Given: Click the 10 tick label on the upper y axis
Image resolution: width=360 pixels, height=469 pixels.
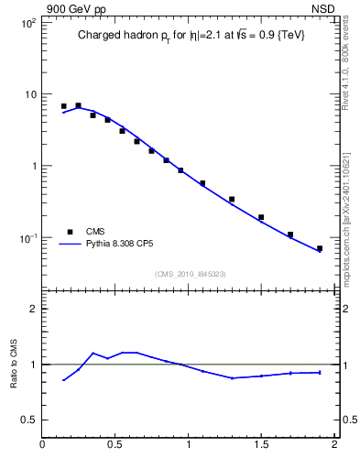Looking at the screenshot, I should (29, 94).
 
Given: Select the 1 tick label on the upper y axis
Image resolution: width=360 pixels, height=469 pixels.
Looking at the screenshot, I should (33, 166).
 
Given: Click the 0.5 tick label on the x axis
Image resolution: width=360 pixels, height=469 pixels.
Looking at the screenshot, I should (115, 446).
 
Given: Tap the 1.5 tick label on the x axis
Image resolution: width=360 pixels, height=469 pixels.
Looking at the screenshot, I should (261, 446).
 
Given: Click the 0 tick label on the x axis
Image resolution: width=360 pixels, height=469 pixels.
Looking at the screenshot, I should (43, 446).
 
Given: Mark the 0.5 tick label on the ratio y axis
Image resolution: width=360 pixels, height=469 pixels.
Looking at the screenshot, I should (28, 420).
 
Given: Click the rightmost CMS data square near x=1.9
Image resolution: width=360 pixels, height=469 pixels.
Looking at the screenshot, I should (320, 248).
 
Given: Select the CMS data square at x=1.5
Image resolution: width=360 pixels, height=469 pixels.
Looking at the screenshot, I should (261, 217).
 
